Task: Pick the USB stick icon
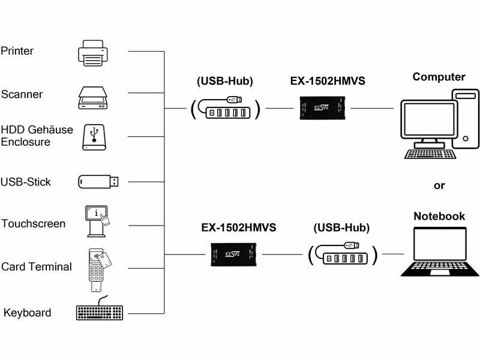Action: click(98, 181)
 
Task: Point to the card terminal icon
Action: click(96, 268)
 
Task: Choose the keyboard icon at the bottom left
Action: click(100, 313)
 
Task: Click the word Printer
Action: click(17, 51)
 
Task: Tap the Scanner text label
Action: click(22, 94)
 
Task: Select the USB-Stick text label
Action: click(26, 182)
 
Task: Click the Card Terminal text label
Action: click(37, 266)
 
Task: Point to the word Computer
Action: click(439, 77)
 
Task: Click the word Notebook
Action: click(439, 216)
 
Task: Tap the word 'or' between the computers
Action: click(439, 185)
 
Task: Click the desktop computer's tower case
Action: click(465, 118)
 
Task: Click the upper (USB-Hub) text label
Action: click(225, 80)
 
